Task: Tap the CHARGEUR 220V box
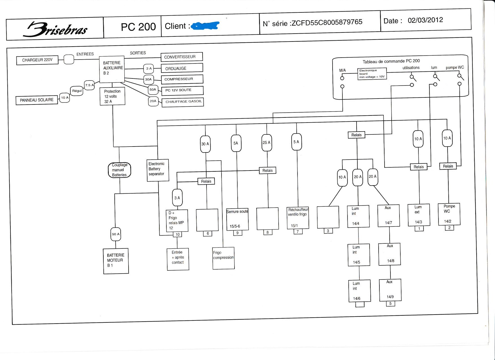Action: point(37,60)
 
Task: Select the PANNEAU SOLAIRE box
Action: point(37,100)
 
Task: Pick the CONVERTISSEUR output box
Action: point(181,57)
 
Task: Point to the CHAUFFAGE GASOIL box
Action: point(183,102)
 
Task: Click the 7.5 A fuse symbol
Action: point(89,85)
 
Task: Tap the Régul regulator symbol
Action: point(77,91)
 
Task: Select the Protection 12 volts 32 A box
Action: point(112,97)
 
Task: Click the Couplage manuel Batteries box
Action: point(120,170)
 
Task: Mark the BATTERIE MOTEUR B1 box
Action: point(116,261)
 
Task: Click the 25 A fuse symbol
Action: point(266,143)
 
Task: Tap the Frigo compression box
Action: point(223,258)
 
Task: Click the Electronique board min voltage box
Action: point(372,74)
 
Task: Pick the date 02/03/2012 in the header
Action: point(425,20)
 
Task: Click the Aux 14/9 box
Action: point(390,290)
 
